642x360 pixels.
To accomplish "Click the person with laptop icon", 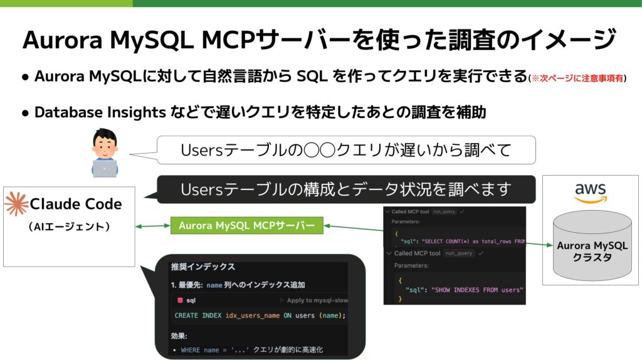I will (103, 153).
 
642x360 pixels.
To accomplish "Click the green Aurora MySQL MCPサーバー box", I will (246, 226).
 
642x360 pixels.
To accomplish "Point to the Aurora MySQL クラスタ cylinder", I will (592, 248).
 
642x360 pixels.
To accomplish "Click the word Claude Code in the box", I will (76, 204).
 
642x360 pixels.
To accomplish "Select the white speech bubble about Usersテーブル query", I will (345, 151).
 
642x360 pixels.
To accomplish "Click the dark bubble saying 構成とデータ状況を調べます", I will (345, 189).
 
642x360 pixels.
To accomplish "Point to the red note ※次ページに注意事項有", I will (577, 78).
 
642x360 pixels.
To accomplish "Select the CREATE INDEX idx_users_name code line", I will (260, 315).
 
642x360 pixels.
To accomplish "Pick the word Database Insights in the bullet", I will (100, 112).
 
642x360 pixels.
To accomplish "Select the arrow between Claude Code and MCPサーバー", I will (153, 226).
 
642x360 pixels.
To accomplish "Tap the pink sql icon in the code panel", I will (179, 300).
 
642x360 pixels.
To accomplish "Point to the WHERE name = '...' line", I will (214, 349).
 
